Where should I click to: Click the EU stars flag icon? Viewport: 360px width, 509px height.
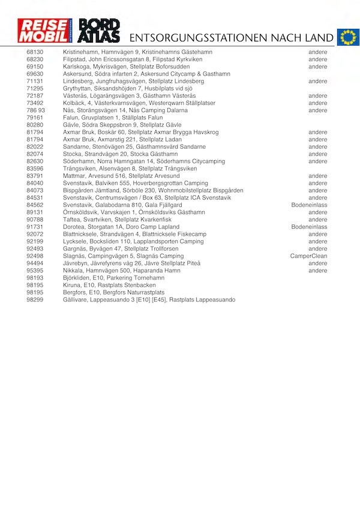(347, 37)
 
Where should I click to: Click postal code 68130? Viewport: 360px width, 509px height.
(35, 52)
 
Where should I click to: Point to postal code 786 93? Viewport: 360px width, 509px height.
(36, 110)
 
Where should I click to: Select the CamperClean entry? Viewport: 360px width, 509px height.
(308, 256)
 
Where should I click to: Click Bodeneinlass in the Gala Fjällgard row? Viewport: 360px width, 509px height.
(309, 205)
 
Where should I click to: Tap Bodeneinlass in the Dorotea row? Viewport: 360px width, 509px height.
(309, 227)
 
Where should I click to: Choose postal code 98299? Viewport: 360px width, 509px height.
(35, 300)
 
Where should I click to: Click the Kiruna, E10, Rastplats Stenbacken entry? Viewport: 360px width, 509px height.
(113, 285)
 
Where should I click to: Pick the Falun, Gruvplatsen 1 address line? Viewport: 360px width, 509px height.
(113, 118)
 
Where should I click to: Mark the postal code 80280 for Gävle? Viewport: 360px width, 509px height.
(35, 125)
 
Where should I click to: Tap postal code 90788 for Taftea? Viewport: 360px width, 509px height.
(35, 220)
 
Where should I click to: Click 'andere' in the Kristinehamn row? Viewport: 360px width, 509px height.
(318, 52)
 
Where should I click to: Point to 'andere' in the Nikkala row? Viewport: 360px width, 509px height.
(318, 271)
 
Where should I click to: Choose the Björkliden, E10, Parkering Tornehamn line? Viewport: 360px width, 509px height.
(113, 278)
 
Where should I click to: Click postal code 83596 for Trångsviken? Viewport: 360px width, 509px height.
(35, 169)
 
